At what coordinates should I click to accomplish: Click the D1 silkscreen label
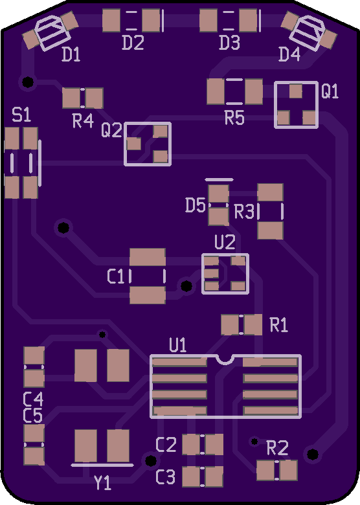(71, 54)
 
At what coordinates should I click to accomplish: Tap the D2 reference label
(133, 43)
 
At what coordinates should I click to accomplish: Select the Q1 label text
(330, 91)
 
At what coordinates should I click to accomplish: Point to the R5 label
(234, 118)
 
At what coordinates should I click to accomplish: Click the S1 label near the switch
(21, 115)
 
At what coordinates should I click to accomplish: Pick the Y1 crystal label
(103, 482)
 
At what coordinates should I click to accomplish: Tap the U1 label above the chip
(178, 345)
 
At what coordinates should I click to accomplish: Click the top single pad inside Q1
(296, 91)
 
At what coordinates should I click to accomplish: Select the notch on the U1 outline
(225, 359)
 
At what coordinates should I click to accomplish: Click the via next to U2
(186, 286)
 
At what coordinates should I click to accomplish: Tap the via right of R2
(312, 454)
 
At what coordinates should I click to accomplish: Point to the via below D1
(28, 82)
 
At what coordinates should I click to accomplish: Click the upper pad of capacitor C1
(148, 257)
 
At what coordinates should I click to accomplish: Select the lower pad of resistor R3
(271, 230)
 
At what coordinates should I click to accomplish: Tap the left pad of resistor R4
(71, 98)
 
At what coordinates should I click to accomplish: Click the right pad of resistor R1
(253, 324)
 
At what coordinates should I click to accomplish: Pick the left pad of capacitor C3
(191, 477)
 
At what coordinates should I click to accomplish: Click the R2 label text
(277, 448)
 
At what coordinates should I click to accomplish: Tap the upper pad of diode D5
(219, 194)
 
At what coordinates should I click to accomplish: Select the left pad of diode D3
(208, 20)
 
